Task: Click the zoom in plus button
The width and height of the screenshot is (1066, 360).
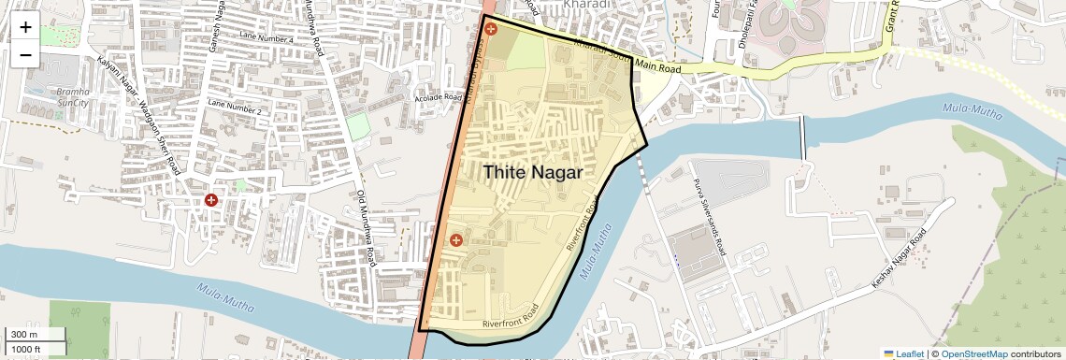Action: click(x=25, y=27)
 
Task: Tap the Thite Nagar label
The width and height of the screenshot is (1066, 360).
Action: click(x=532, y=173)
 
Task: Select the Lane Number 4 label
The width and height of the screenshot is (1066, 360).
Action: click(x=266, y=38)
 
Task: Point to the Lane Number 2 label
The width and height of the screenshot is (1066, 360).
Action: click(x=235, y=106)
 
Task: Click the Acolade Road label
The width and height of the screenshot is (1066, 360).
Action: click(x=439, y=97)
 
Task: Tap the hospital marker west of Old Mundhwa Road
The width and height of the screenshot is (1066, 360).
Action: click(x=212, y=200)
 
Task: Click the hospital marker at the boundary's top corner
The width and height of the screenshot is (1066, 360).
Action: click(x=491, y=30)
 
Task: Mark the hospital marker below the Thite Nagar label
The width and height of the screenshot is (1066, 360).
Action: click(x=455, y=240)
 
